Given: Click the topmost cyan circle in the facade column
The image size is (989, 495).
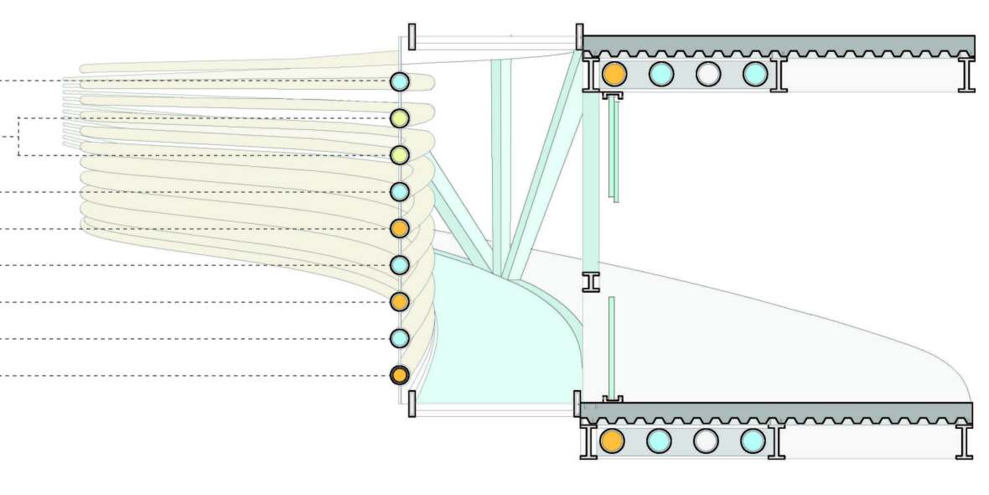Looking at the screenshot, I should click(400, 81).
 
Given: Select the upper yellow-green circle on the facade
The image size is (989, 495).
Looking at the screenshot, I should click(400, 118).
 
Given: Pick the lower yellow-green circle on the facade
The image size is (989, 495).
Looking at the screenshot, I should click(400, 155).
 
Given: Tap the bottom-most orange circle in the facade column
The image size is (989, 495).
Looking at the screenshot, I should click(400, 375).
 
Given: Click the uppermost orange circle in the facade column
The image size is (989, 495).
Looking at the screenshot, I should click(400, 228).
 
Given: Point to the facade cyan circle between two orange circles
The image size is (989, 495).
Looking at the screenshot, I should click(400, 265).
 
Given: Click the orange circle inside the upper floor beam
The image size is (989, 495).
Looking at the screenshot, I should click(614, 74).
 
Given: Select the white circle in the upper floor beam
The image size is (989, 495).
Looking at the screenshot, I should click(708, 74).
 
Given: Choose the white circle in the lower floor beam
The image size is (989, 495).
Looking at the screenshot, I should click(707, 440).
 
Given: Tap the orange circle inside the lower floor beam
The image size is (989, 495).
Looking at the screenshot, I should click(613, 440).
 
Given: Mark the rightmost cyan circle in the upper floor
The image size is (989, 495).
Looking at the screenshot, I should click(755, 74).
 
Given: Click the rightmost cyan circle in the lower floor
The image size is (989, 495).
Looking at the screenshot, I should click(753, 440).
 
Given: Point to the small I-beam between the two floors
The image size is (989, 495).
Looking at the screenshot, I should click(592, 282).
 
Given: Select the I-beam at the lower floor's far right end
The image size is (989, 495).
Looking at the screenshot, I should click(965, 440).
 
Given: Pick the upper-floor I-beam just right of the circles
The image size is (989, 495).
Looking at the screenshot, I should click(777, 74).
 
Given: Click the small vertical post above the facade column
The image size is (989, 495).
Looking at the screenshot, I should click(412, 37).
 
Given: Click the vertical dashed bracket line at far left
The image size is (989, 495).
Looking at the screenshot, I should click(18, 137).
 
